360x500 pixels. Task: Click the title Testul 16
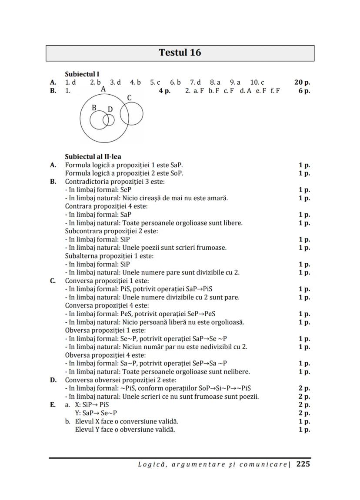point(180,53)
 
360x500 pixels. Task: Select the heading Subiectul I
point(82,74)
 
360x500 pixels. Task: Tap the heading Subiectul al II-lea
point(93,157)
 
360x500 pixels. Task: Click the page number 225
point(303,464)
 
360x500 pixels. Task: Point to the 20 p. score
point(302,83)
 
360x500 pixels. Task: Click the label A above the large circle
point(103,89)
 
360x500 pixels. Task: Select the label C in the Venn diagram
point(129,98)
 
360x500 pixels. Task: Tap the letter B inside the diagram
point(94,108)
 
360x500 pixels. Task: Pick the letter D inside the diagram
point(110,109)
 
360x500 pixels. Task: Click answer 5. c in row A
point(155,83)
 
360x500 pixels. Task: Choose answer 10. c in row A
point(257,83)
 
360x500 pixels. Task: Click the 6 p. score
point(304,91)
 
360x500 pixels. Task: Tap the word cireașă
point(157,198)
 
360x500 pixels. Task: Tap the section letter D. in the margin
point(53,380)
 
